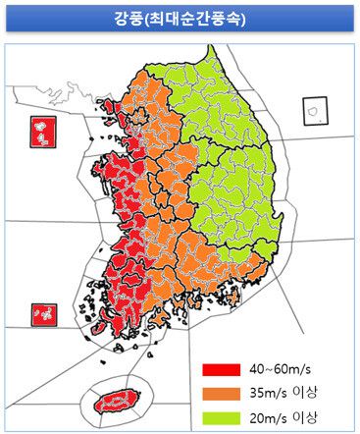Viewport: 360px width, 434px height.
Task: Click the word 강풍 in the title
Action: (x=129, y=19)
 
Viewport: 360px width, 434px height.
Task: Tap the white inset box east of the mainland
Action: (x=315, y=110)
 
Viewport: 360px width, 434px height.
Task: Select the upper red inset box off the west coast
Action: (x=43, y=133)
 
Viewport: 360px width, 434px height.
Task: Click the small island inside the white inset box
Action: (x=315, y=111)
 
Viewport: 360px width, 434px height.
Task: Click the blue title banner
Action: (x=180, y=19)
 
